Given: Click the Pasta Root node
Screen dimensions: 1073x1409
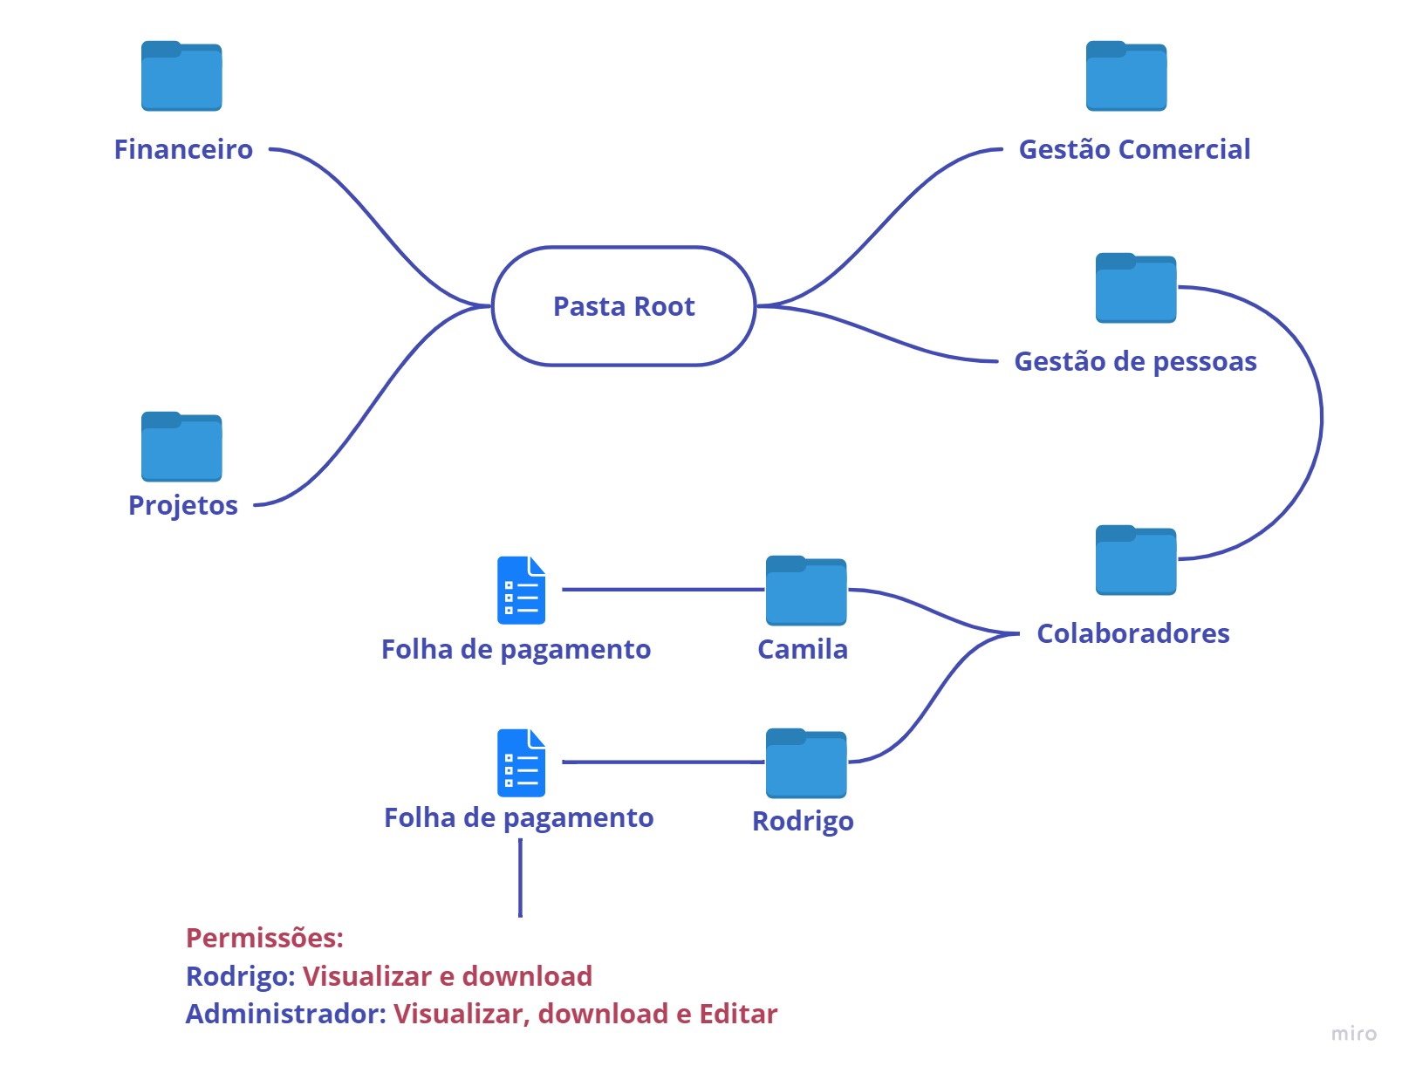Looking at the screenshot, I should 624,306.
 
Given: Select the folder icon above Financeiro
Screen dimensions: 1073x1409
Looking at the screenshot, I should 181,77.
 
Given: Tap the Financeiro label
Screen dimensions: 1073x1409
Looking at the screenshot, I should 183,149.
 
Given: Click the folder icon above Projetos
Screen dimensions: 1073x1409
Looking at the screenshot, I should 181,447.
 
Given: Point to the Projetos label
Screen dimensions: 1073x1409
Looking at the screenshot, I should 183,505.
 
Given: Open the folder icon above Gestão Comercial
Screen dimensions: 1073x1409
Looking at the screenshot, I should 1126,77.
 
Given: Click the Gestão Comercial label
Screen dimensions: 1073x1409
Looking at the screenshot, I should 1134,149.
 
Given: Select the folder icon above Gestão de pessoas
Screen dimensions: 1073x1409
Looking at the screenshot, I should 1136,289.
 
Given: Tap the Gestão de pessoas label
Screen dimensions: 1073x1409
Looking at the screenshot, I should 1135,361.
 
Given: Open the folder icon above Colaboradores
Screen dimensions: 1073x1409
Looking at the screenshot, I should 1136,561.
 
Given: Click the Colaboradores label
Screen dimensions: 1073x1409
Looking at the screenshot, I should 1132,633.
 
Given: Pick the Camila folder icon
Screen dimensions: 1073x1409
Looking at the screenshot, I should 806,591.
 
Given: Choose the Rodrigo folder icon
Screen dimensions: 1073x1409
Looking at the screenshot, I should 806,764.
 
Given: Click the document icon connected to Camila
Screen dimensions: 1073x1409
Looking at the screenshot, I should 521,591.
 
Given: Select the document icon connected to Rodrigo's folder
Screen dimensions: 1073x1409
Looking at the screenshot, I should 521,763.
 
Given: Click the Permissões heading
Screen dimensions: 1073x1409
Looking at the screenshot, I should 264,938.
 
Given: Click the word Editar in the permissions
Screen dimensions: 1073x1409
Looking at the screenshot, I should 738,1014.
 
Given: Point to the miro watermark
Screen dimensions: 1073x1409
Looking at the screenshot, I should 1353,1034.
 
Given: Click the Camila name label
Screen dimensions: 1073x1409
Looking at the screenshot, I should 803,649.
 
